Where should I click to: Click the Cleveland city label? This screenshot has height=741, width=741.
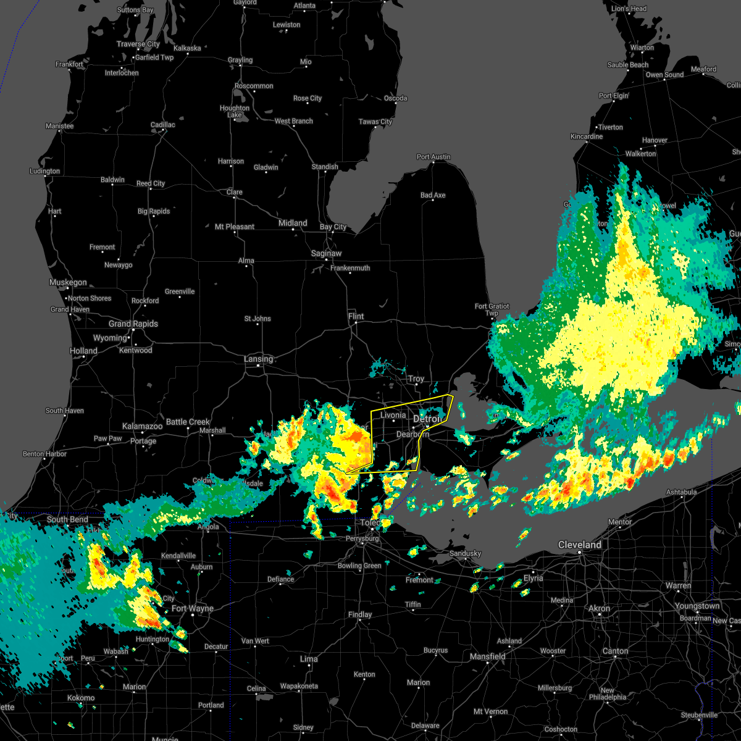pyautogui.click(x=579, y=545)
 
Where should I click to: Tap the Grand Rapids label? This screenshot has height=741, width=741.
pyautogui.click(x=133, y=324)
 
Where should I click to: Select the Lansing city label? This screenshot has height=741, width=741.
pyautogui.click(x=258, y=359)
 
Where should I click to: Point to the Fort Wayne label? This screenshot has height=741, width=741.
pyautogui.click(x=193, y=608)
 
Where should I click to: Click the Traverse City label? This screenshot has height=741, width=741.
pyautogui.click(x=138, y=44)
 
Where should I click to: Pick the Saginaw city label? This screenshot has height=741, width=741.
pyautogui.click(x=326, y=253)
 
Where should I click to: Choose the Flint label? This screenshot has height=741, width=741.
pyautogui.click(x=356, y=316)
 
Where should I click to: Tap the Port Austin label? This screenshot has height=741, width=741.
pyautogui.click(x=433, y=157)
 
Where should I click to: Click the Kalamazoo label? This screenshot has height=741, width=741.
pyautogui.click(x=142, y=426)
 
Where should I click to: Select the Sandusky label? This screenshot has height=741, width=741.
pyautogui.click(x=465, y=553)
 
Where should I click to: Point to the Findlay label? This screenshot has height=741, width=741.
pyautogui.click(x=360, y=614)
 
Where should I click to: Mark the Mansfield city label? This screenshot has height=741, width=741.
pyautogui.click(x=488, y=656)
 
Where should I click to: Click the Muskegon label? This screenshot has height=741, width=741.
pyautogui.click(x=68, y=282)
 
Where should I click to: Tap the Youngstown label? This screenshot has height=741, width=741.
pyautogui.click(x=697, y=606)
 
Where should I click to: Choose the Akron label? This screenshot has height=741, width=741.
pyautogui.click(x=599, y=608)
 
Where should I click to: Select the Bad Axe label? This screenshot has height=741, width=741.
pyautogui.click(x=433, y=195)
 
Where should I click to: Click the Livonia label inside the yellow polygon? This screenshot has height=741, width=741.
pyautogui.click(x=393, y=415)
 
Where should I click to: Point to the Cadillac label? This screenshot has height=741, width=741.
pyautogui.click(x=163, y=125)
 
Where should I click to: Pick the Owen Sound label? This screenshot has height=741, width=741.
pyautogui.click(x=664, y=75)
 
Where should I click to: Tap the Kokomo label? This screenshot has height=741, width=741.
pyautogui.click(x=81, y=698)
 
